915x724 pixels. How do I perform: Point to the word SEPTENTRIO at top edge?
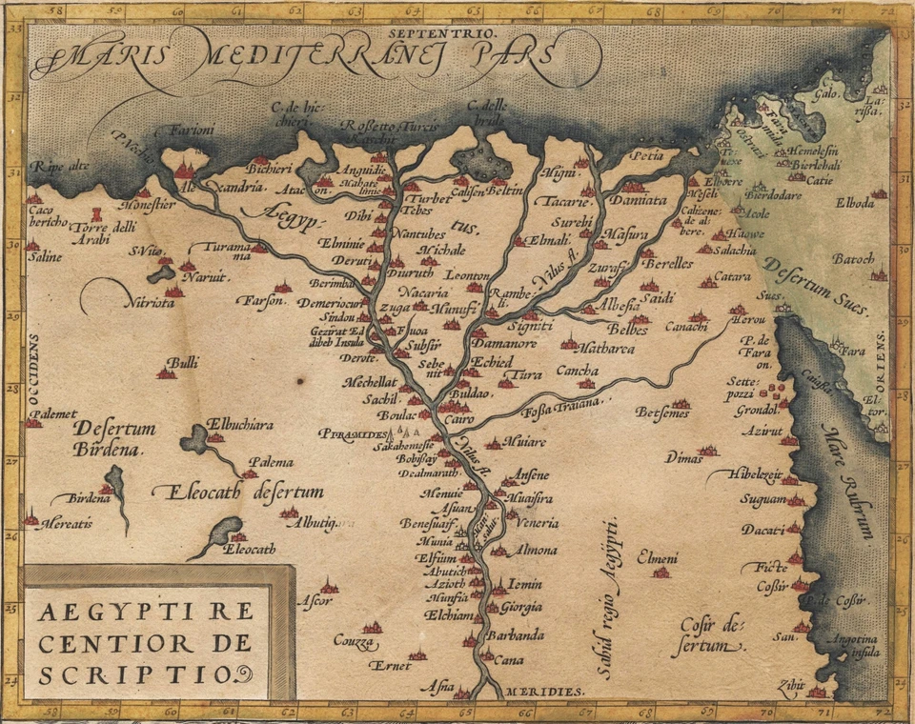pyautogui.click(x=420, y=31)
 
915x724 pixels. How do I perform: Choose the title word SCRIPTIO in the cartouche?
pyautogui.click(x=140, y=674)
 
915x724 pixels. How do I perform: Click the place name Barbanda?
pyautogui.click(x=515, y=635)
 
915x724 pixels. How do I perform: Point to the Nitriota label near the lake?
pyautogui.click(x=149, y=303)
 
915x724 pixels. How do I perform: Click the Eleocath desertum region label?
pyautogui.click(x=238, y=493)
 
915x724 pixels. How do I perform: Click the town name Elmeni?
pyautogui.click(x=657, y=557)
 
